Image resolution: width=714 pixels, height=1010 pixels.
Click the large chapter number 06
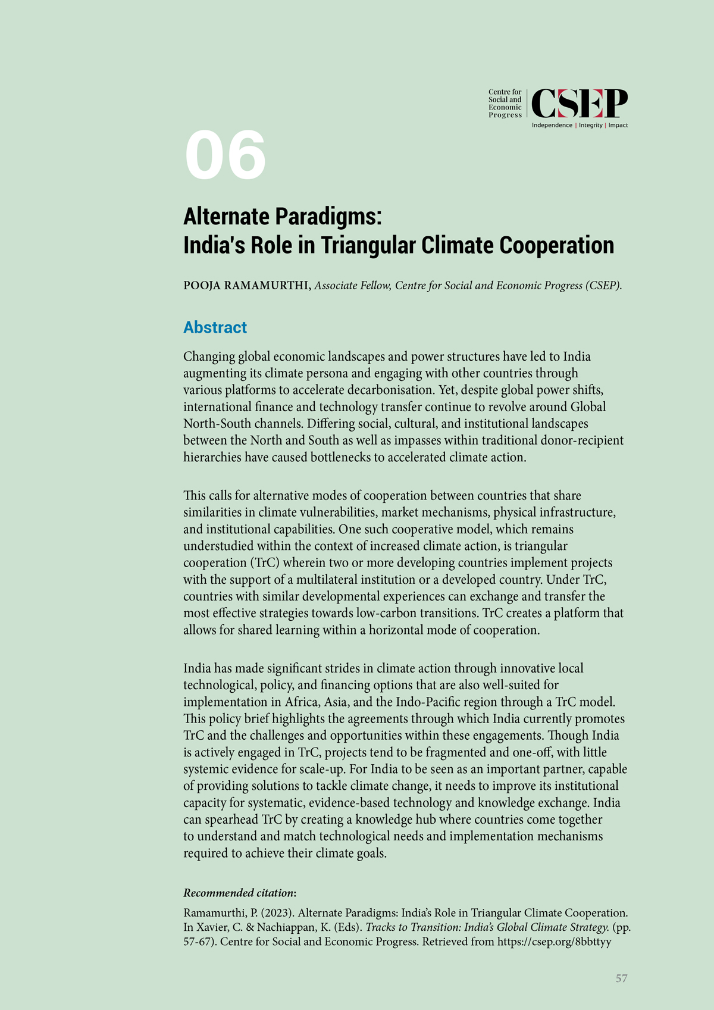[226, 155]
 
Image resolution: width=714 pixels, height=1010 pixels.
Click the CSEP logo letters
[579, 104]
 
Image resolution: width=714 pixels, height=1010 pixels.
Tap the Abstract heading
[215, 327]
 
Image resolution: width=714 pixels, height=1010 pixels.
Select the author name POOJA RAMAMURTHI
[246, 286]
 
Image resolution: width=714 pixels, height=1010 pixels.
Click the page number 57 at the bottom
[621, 978]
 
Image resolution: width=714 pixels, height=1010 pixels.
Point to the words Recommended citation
[239, 893]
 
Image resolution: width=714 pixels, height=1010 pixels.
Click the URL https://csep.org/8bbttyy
[554, 942]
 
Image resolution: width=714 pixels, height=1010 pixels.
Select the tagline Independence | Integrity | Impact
[580, 126]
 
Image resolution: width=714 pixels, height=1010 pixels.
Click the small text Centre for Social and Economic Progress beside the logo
[505, 104]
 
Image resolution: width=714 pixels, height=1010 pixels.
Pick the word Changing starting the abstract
[209, 357]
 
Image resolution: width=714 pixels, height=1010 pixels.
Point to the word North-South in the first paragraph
[214, 424]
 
